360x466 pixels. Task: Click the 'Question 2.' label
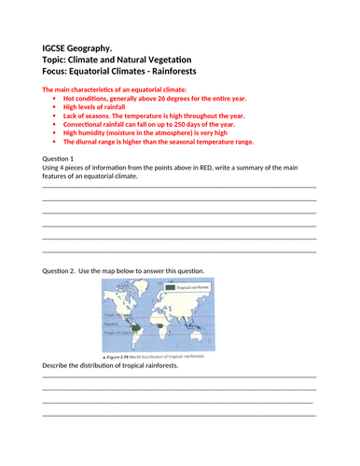coord(62,271)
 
